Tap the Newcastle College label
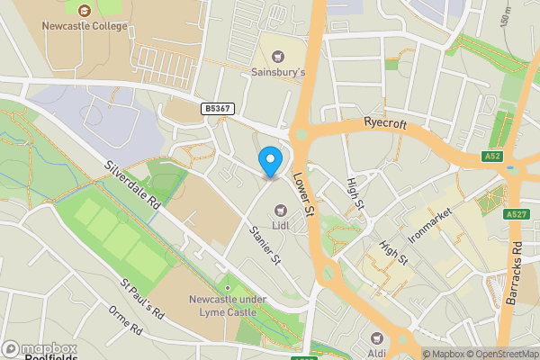(x=85, y=25)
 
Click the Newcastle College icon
(x=85, y=10)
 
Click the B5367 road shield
(x=218, y=108)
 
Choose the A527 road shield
(x=517, y=213)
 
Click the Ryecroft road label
(x=386, y=121)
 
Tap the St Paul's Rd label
(x=141, y=299)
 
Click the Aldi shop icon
(x=375, y=338)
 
